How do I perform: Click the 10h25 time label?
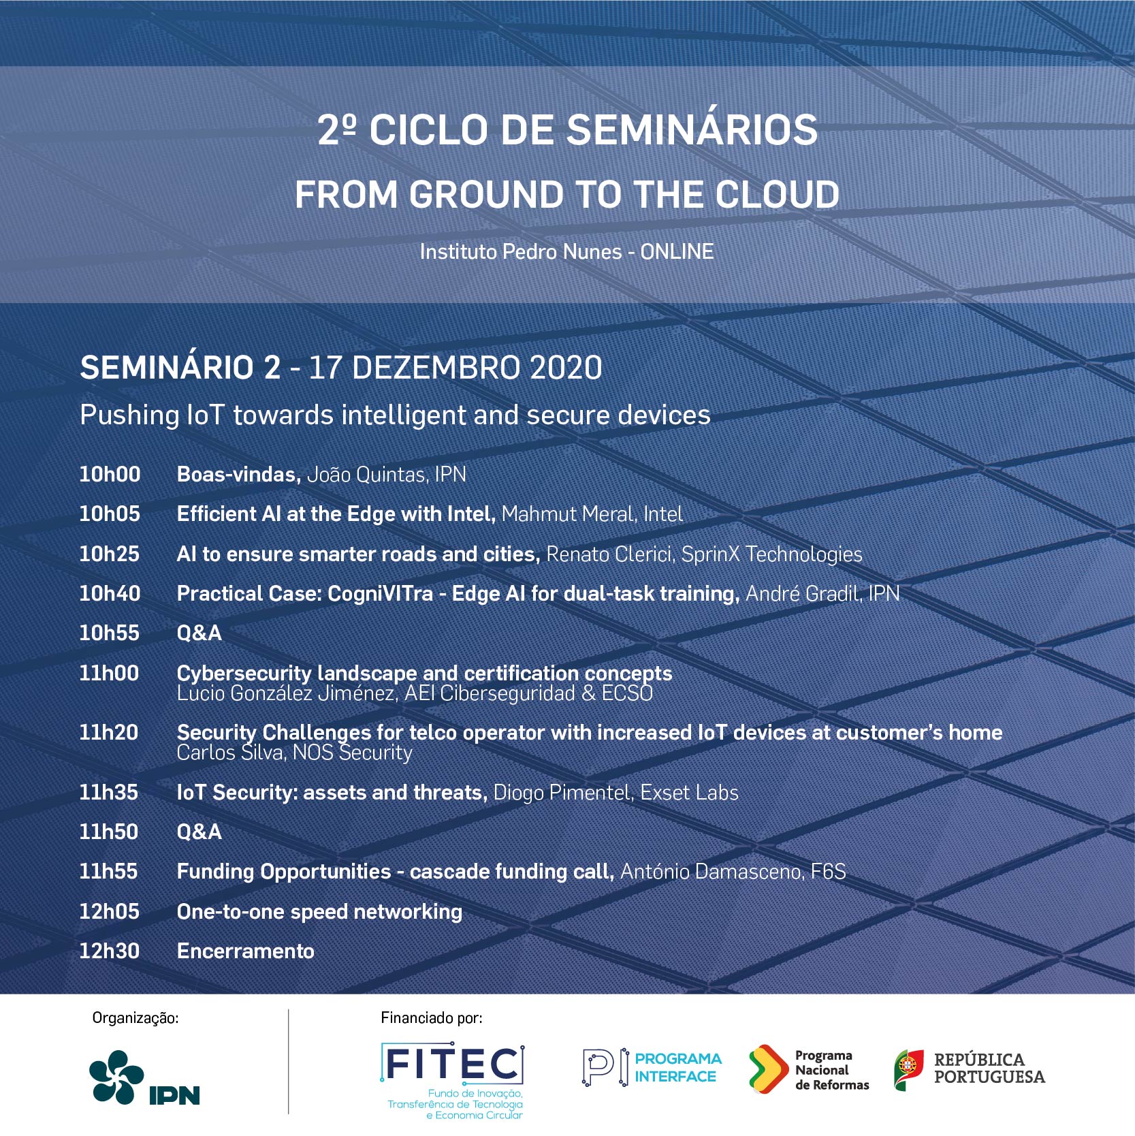click(x=110, y=554)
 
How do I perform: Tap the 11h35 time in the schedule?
click(x=109, y=792)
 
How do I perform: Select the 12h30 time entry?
click(x=110, y=951)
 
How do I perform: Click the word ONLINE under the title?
click(x=677, y=252)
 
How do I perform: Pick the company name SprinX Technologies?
click(x=772, y=554)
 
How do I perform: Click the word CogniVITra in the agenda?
click(x=380, y=594)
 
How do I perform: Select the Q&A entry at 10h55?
click(x=199, y=633)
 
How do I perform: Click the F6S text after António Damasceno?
click(x=828, y=872)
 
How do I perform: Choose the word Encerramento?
click(x=246, y=951)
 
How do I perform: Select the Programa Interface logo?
click(x=652, y=1067)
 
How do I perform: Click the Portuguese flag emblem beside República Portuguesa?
click(x=909, y=1070)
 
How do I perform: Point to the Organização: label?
click(x=135, y=1018)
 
